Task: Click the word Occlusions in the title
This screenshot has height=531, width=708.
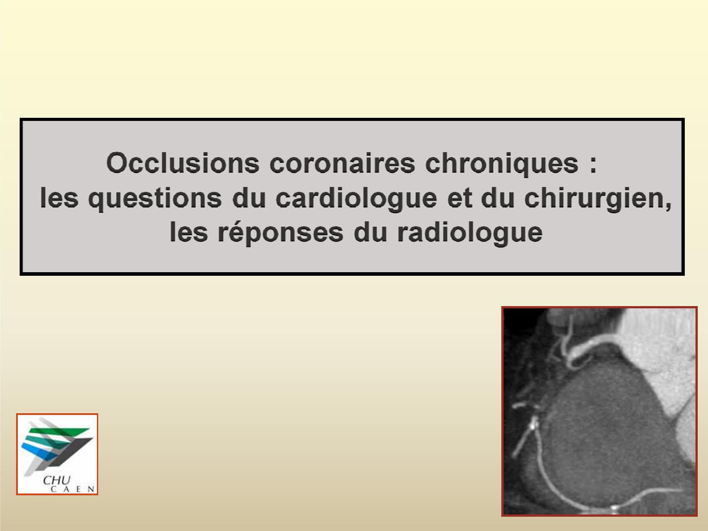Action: pos(183,163)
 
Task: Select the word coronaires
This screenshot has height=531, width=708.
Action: pos(342,163)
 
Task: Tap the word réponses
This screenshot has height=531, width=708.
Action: pos(280,233)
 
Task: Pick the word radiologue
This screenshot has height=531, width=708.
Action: pos(470,233)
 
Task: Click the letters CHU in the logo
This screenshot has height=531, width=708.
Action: pos(57,481)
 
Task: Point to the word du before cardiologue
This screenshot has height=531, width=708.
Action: pos(249,198)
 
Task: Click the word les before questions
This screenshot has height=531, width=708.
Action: pos(59,198)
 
